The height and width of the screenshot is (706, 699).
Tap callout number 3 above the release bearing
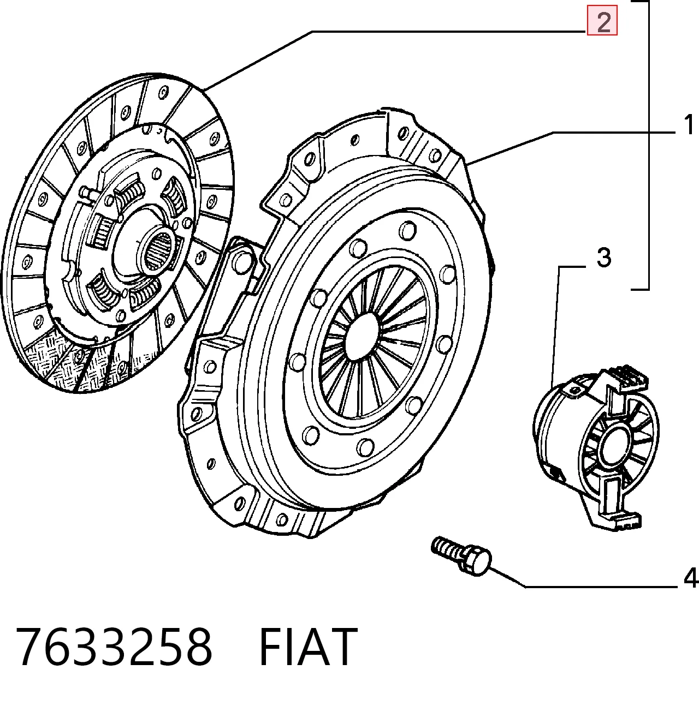[604, 257]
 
